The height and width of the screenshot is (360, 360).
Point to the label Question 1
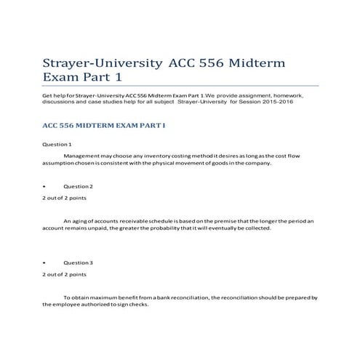57,145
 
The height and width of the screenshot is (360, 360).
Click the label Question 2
78,186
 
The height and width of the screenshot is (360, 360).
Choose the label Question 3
78,262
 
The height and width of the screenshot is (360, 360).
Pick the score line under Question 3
65,274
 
